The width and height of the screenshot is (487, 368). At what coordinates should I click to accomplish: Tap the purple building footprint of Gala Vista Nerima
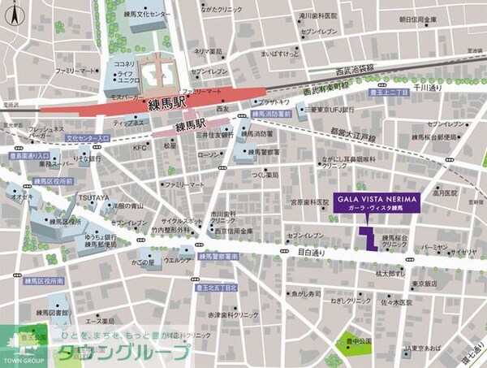coord(367,237)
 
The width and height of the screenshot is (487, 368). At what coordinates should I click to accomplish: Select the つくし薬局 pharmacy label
coord(264,175)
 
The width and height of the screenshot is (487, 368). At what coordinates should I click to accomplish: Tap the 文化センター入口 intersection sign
coord(87,138)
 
